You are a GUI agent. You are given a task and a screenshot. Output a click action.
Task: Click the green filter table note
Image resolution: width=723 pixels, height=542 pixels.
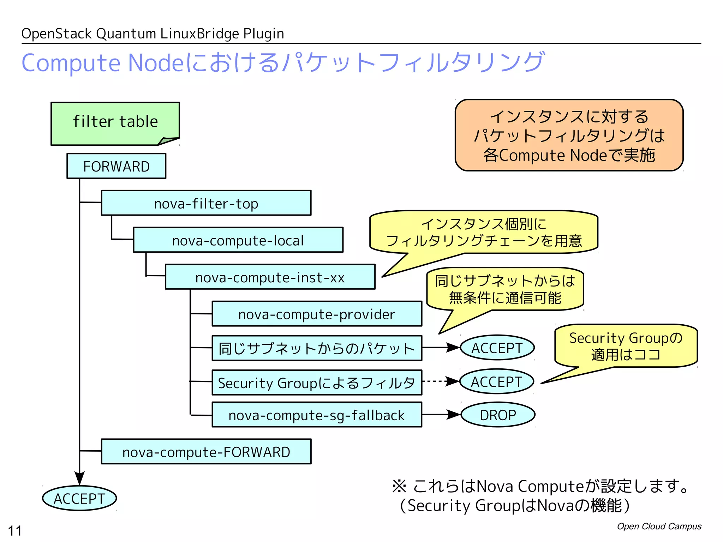coord(115,123)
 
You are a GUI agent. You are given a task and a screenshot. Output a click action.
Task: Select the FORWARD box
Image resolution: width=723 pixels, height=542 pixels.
coord(116,166)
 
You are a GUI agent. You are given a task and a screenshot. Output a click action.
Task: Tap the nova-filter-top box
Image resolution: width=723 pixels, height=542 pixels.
coord(206,203)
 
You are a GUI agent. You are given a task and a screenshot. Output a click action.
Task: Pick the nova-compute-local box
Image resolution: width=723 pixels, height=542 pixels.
coord(238,240)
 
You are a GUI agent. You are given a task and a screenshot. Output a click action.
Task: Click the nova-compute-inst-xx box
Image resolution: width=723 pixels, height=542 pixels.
coord(270,277)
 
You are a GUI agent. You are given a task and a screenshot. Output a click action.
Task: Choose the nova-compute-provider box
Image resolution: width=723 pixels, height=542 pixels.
coord(317,314)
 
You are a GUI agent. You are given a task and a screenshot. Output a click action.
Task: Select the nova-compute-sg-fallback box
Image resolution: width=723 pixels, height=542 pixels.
coord(317,415)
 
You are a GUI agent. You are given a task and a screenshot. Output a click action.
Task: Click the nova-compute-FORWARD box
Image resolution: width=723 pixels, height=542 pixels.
coord(206,452)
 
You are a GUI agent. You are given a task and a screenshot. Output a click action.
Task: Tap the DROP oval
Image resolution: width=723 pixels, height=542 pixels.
coord(498,415)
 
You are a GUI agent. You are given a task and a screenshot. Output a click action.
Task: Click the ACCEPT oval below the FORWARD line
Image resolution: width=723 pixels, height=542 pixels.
coord(79,498)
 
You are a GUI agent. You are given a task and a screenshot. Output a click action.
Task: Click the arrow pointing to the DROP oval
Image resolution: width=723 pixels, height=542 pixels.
coord(441,415)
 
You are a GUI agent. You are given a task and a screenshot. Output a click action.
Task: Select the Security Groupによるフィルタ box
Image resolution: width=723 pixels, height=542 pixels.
coord(317,383)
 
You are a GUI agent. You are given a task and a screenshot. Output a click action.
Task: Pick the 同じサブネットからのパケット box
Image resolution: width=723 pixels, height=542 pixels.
coord(317,348)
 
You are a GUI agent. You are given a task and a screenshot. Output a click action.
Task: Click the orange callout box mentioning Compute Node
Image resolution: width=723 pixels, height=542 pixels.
coord(569,135)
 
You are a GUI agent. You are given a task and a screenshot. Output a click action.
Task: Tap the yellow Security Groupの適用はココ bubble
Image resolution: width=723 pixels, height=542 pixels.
coord(626,346)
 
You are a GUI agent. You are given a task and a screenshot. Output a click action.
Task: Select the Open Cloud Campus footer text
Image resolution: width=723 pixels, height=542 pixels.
coord(659,526)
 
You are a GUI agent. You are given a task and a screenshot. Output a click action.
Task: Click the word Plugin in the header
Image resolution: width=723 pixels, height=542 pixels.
coord(263,34)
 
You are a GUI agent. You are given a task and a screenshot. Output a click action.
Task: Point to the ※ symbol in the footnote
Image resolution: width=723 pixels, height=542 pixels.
coord(399,486)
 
